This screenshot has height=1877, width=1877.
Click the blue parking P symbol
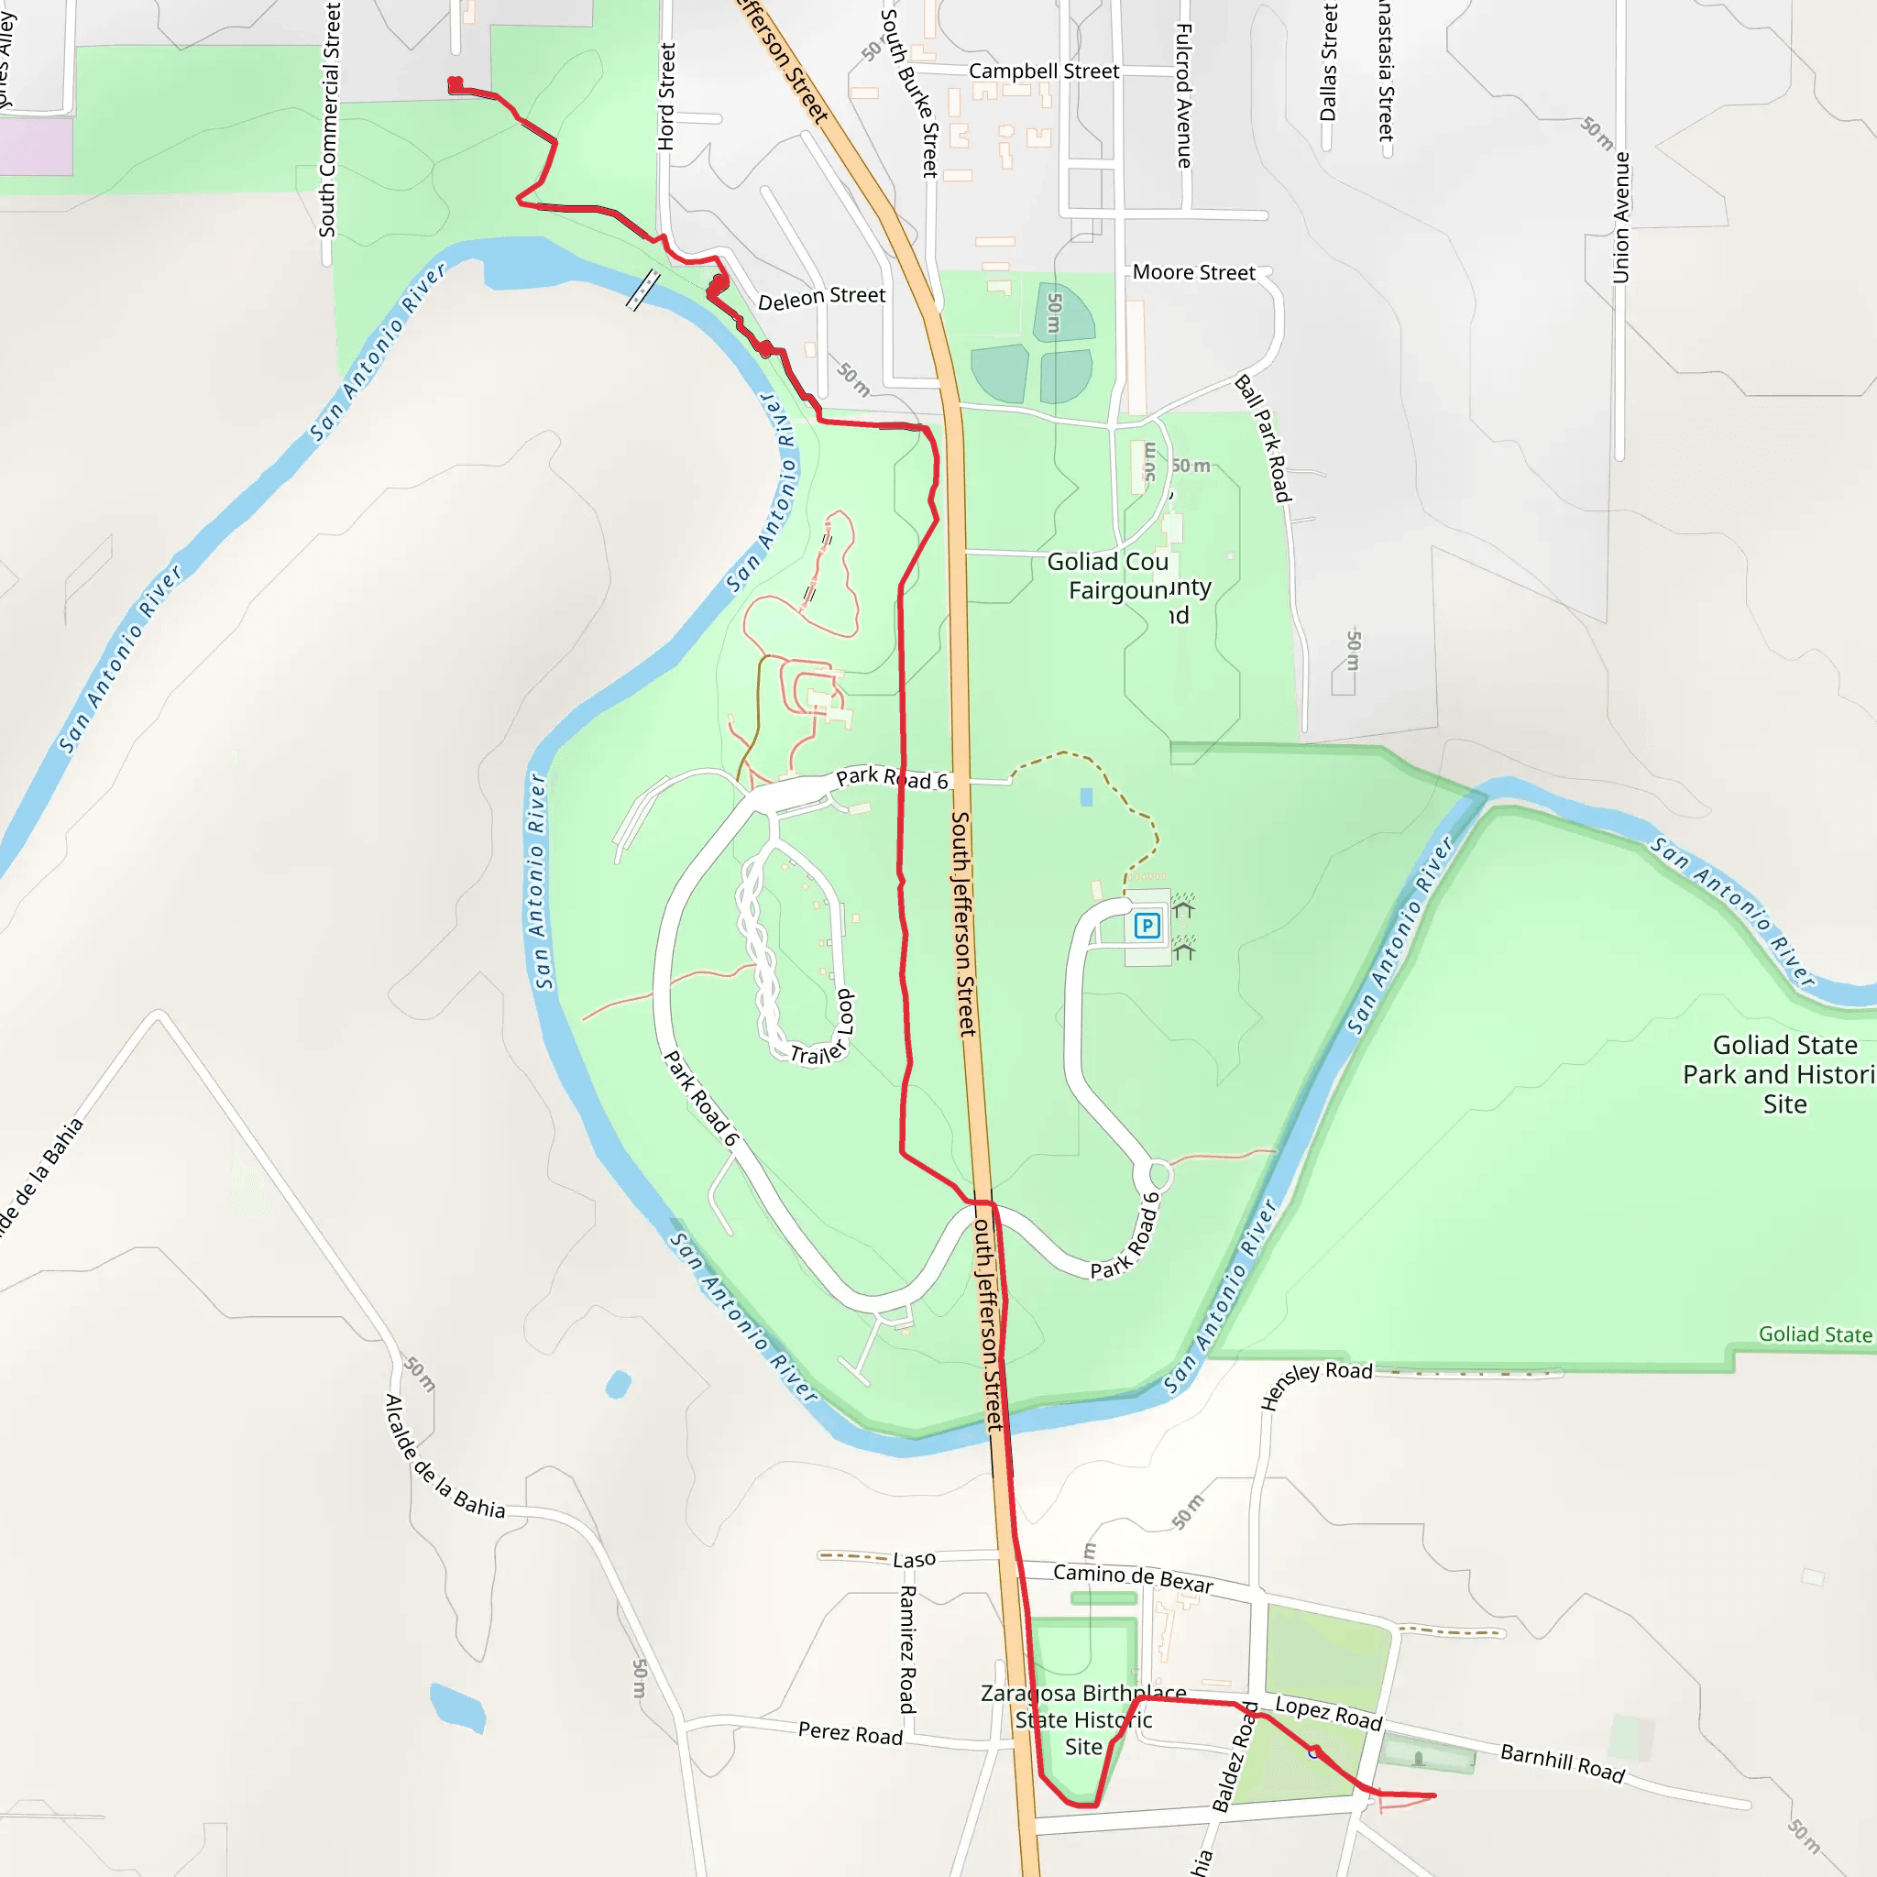pos(1147,925)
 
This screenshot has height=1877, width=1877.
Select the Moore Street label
pos(1193,273)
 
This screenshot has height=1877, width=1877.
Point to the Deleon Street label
pos(821,297)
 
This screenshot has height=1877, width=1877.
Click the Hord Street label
pos(665,96)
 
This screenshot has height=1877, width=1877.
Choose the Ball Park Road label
pos(1262,439)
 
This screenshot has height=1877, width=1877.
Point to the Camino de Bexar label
pos(1133,1578)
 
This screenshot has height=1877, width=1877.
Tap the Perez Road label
pos(851,1733)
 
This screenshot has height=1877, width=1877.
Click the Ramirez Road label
pos(906,1649)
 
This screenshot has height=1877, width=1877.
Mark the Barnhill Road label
pos(1563,1763)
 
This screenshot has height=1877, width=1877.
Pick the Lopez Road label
pos(1328,1714)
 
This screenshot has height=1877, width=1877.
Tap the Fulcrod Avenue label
pos(1183,95)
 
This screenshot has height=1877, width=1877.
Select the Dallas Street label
pos(1328,62)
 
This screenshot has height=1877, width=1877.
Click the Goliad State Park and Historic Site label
pos(1783,1073)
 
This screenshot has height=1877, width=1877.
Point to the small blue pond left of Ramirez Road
pos(456,1707)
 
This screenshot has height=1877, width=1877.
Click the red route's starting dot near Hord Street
pos(455,84)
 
